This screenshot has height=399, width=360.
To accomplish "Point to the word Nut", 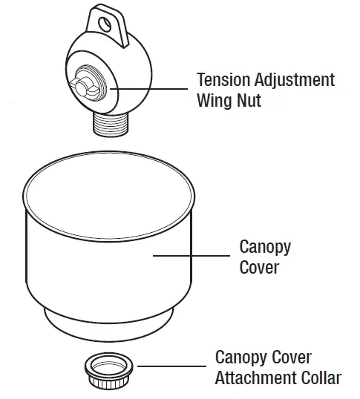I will pyautogui.click(x=249, y=100).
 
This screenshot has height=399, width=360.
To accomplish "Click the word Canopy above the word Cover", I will pyautogui.click(x=265, y=246).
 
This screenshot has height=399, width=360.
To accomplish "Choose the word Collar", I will pyautogui.click(x=320, y=377).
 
